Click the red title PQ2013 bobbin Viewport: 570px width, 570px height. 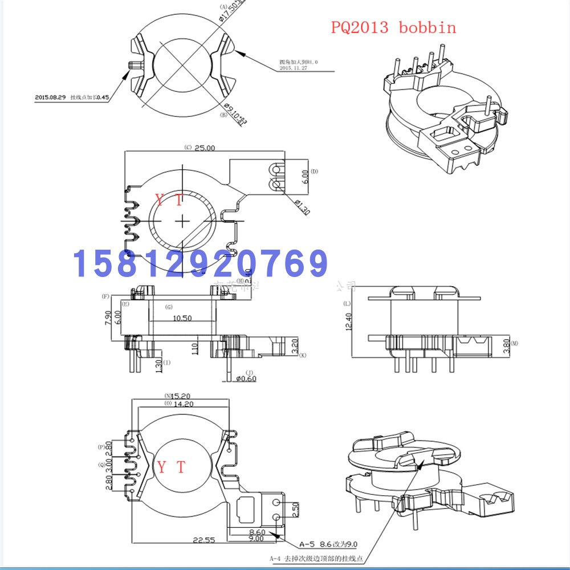point(393,27)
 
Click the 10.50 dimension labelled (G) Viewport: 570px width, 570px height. point(182,318)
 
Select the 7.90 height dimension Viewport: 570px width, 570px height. point(107,316)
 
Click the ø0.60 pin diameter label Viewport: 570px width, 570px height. point(245,378)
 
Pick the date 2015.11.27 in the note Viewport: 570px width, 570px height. point(294,67)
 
